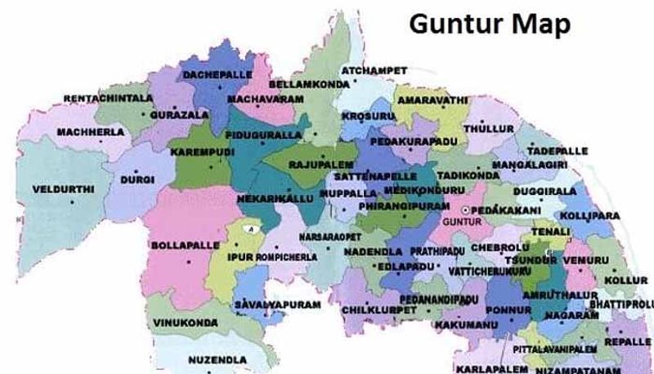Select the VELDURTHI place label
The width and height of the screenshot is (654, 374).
[x=64, y=189]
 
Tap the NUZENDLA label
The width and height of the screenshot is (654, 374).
[x=217, y=359]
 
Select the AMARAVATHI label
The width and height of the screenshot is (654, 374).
[x=432, y=99]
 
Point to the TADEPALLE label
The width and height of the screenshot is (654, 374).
[x=553, y=151]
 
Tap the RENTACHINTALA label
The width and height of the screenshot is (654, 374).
[x=108, y=98]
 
